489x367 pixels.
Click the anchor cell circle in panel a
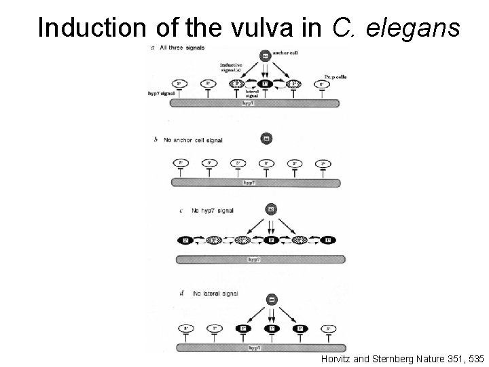point(266,56)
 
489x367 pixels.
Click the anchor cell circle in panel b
point(266,139)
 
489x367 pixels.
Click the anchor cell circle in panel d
point(270,298)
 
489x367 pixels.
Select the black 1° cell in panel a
point(266,84)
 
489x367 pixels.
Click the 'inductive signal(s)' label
point(232,69)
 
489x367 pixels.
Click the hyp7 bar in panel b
point(255,183)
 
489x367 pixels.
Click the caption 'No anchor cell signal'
point(193,140)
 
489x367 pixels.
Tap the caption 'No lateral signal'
point(216,294)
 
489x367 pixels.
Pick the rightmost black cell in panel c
point(329,240)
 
